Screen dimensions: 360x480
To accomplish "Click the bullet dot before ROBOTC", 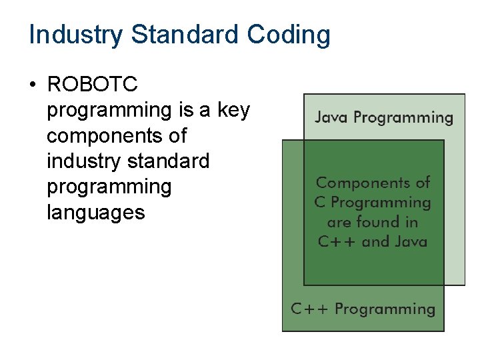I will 31,85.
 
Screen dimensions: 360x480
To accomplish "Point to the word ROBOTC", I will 92,85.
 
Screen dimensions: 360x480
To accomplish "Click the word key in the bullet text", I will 233,110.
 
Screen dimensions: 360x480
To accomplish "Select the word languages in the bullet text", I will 95,213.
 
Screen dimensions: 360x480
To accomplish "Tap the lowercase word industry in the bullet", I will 76,161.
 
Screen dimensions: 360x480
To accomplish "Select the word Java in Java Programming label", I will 331,118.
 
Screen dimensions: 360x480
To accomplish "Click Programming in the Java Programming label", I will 403,119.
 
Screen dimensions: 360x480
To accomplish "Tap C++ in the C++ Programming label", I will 310,309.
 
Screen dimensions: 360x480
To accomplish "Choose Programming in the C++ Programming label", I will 385,309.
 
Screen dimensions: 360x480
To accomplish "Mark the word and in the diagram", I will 373,241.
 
